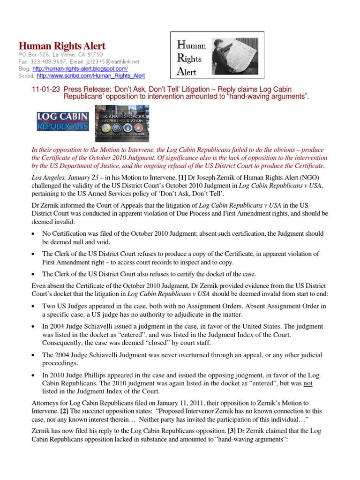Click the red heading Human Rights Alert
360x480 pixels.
pos(61,46)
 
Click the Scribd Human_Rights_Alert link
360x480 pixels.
pos(90,75)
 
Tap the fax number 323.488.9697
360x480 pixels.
pos(47,61)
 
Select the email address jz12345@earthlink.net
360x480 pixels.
pos(115,61)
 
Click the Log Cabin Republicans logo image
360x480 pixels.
pos(63,121)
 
